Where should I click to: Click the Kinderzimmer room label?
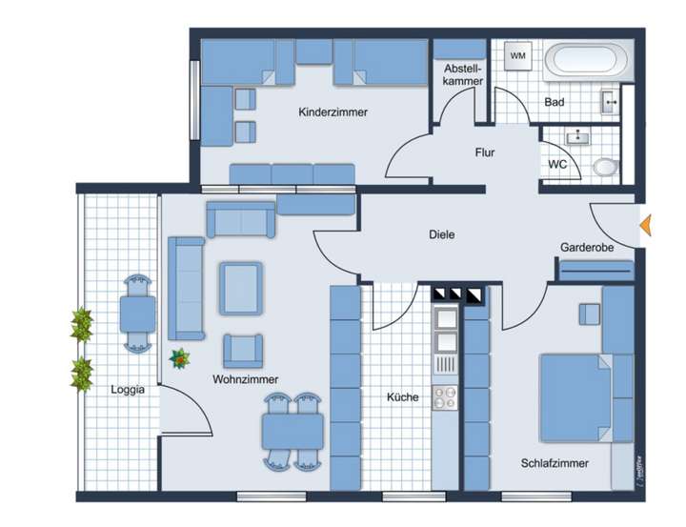[333, 112]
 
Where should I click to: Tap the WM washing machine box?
[518, 56]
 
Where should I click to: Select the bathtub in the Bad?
[587, 64]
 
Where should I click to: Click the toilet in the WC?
[606, 168]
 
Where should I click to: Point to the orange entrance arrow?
[644, 225]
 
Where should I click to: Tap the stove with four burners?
[445, 397]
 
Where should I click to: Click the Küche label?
[402, 397]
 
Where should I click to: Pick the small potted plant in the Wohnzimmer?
[178, 358]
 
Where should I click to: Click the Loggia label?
[128, 389]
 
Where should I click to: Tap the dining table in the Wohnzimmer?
[293, 432]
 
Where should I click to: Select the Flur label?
[486, 152]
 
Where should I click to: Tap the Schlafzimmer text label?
[555, 464]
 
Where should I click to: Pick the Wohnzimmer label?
[246, 379]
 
